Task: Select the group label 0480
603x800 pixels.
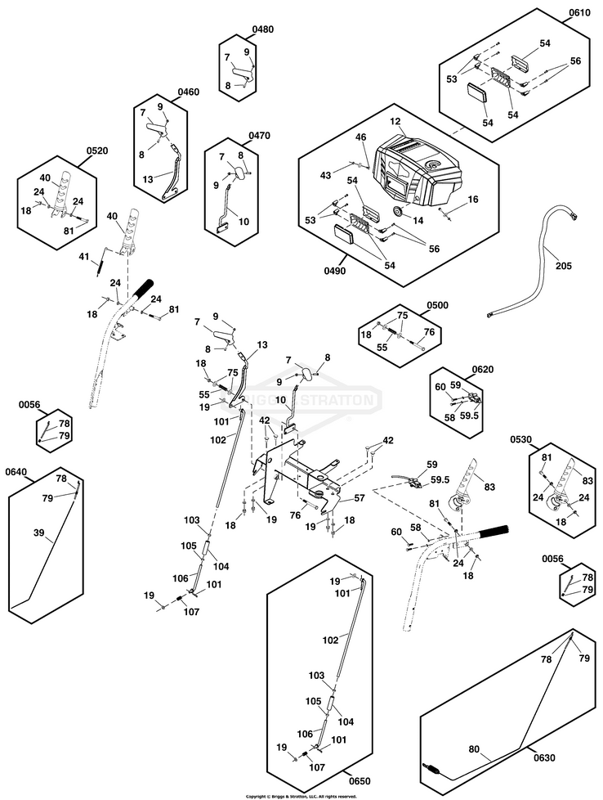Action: [x=262, y=29]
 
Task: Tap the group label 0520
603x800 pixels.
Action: [x=96, y=151]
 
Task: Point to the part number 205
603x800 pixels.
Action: [x=564, y=265]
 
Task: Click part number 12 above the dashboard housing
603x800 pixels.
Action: [x=395, y=121]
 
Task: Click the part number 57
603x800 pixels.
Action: [x=359, y=497]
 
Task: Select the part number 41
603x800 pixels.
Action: [x=83, y=257]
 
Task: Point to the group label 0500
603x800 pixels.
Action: [x=438, y=305]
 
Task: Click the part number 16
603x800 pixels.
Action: [x=473, y=200]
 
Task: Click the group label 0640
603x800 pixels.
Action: [x=16, y=471]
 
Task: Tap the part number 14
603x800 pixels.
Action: [x=418, y=221]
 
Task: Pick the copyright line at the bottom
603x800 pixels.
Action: [x=301, y=796]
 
